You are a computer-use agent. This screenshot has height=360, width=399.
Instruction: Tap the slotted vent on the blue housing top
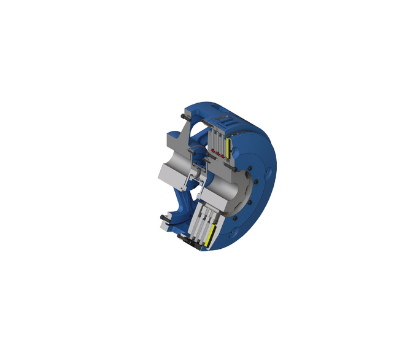(x=223, y=120)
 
